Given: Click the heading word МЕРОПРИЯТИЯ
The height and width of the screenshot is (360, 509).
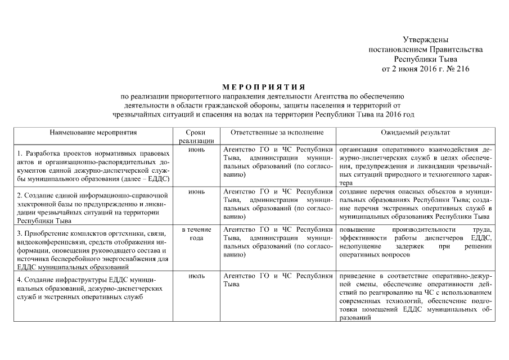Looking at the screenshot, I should pyautogui.click(x=263, y=87).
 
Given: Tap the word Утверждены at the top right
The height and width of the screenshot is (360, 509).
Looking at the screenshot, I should pyautogui.click(x=425, y=39).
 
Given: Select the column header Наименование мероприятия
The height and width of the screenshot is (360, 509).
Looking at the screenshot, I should pyautogui.click(x=93, y=132).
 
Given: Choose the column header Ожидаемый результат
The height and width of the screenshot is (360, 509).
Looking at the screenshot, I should pyautogui.click(x=415, y=132).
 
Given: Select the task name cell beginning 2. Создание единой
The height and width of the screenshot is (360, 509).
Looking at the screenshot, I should pyautogui.click(x=93, y=208).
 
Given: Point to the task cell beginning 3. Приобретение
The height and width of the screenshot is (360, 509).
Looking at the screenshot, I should pyautogui.click(x=93, y=250).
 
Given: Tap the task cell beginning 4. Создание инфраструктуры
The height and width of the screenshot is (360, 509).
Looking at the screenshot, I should pyautogui.click(x=93, y=289).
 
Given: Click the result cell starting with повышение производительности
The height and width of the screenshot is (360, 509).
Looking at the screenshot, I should pyautogui.click(x=415, y=242).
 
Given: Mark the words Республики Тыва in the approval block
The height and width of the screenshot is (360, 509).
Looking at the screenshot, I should pyautogui.click(x=425, y=59).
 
